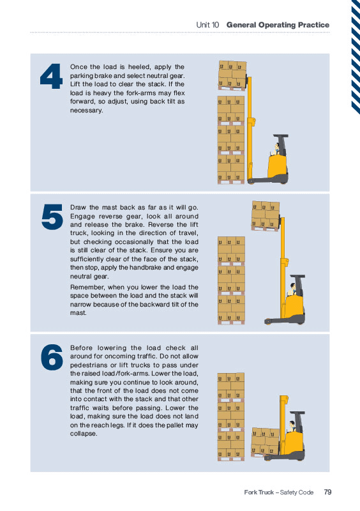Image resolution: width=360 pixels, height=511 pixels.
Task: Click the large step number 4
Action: pos(51,76)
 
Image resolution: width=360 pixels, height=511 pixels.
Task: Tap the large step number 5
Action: pos(52,217)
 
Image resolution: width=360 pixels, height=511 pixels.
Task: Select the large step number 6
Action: pos(52,357)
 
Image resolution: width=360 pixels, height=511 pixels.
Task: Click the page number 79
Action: pos(327,492)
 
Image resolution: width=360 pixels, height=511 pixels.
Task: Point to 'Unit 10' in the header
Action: pos(207,25)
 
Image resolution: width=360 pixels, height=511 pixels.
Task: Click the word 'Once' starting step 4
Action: pos(79,67)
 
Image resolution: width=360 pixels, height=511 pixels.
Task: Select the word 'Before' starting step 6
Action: pos(82,347)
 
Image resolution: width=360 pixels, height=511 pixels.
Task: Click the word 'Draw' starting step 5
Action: pos(77,207)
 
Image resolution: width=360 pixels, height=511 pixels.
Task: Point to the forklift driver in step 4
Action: pos(276,149)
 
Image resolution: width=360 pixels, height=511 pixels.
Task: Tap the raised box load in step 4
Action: pos(232,75)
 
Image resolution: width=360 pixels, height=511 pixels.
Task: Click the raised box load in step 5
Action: pos(266,216)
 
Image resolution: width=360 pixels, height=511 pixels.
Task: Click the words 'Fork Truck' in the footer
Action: pos(259,492)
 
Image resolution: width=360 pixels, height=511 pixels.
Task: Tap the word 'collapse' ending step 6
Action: pos(83,434)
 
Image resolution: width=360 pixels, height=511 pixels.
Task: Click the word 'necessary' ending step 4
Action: pos(86,111)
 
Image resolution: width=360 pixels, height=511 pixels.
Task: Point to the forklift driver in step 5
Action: pos(292,289)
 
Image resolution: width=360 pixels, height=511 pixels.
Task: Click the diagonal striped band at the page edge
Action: pos(356,57)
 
